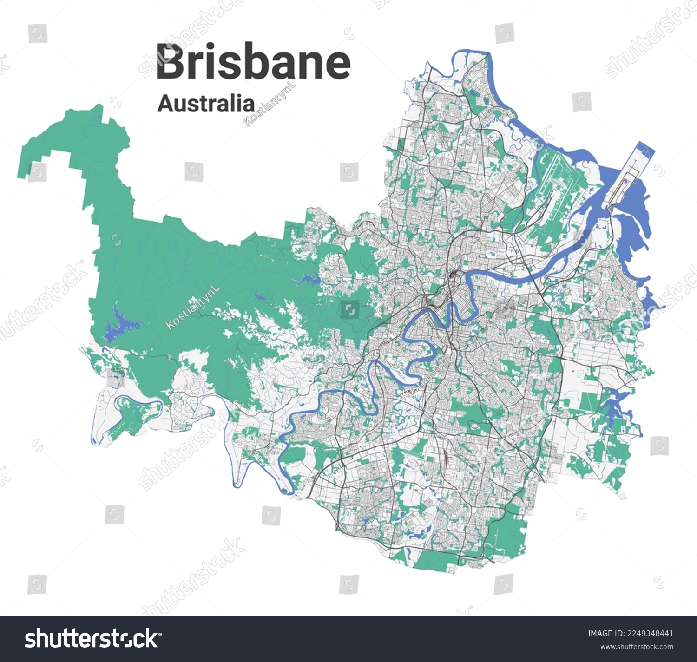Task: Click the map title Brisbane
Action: [253, 61]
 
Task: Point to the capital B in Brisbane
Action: [172, 61]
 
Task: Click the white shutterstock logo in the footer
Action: [92, 639]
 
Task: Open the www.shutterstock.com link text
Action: [637, 647]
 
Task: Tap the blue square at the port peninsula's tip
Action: [645, 150]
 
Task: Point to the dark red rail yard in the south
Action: [447, 458]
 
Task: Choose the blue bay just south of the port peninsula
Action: [634, 218]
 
